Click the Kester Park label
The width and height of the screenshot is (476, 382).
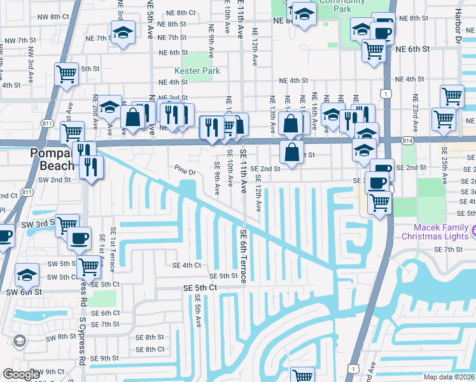tap(197, 71)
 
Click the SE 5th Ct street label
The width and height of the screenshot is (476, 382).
tap(200, 288)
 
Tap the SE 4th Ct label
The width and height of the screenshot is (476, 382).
tap(186, 265)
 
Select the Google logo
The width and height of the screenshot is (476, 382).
tap(22, 374)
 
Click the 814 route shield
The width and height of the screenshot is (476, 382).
tap(408, 139)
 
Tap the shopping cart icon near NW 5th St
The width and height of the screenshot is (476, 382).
tap(67, 74)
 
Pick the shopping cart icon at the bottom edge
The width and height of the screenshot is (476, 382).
tap(302, 376)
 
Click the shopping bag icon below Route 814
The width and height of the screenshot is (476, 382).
tap(291, 152)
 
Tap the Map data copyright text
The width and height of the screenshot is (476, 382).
tap(449, 377)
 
